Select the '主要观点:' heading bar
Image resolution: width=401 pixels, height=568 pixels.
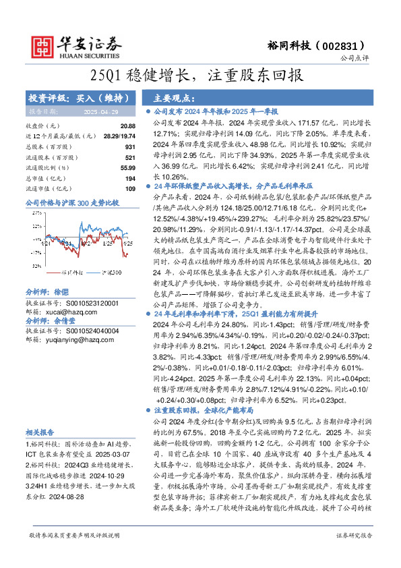pyautogui.click(x=168, y=97)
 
